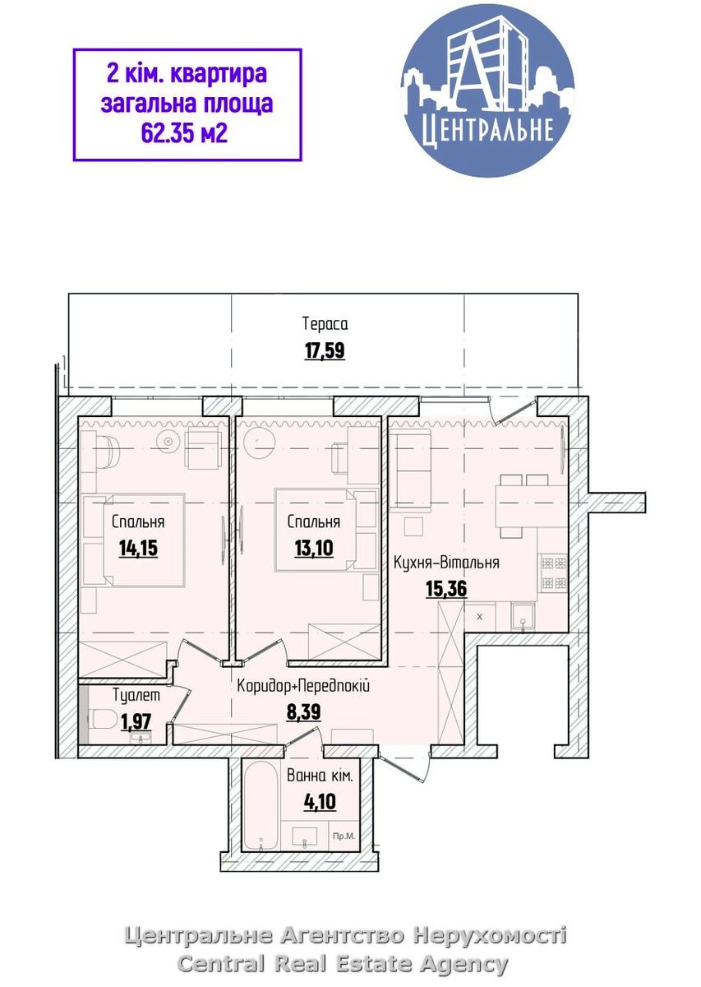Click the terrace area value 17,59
point(325,351)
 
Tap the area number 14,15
point(138,549)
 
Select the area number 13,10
point(314,549)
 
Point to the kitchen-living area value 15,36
point(446,589)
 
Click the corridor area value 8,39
point(304,711)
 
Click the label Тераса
point(325,324)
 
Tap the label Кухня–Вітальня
point(446,563)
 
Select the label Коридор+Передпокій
point(303,686)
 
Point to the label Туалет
point(136,696)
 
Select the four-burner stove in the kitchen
point(554,572)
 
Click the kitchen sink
point(523,617)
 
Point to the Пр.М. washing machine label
point(344,836)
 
